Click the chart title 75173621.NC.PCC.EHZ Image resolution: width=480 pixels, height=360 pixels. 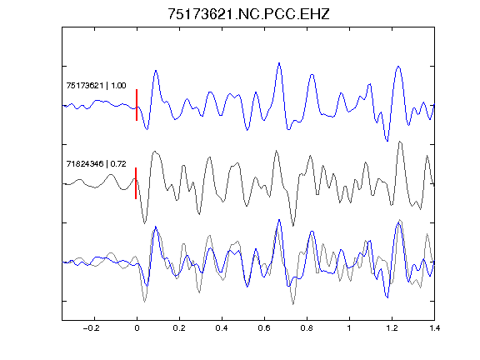(x=248, y=14)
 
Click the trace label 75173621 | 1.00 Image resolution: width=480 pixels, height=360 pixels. (x=96, y=85)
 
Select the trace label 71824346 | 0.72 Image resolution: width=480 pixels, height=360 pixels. (x=96, y=164)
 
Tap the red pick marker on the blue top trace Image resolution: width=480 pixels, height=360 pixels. (x=137, y=105)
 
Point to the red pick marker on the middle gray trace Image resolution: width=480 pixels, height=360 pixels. (x=136, y=183)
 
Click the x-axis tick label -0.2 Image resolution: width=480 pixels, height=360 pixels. (x=92, y=328)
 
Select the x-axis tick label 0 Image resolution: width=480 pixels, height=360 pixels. (x=137, y=328)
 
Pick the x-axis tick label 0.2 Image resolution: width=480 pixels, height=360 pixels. (x=179, y=328)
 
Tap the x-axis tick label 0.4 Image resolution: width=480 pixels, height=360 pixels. (x=222, y=328)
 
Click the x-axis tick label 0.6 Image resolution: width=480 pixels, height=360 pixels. (x=264, y=328)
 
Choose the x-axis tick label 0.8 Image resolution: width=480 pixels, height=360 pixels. (x=307, y=328)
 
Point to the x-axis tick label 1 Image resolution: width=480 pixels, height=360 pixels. (x=349, y=328)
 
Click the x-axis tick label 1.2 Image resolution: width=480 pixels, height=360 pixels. (x=392, y=328)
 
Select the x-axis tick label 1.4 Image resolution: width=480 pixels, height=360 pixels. (x=434, y=328)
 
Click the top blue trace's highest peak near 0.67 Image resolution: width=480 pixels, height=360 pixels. (x=279, y=63)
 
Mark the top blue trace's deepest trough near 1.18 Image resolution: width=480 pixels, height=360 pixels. (x=387, y=141)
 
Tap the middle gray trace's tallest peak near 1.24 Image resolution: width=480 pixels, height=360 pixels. (x=400, y=142)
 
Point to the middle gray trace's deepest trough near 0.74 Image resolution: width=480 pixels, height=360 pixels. (x=293, y=226)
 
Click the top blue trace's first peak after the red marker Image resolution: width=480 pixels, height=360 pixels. (x=156, y=71)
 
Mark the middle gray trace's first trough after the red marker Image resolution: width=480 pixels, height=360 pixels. (x=145, y=223)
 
